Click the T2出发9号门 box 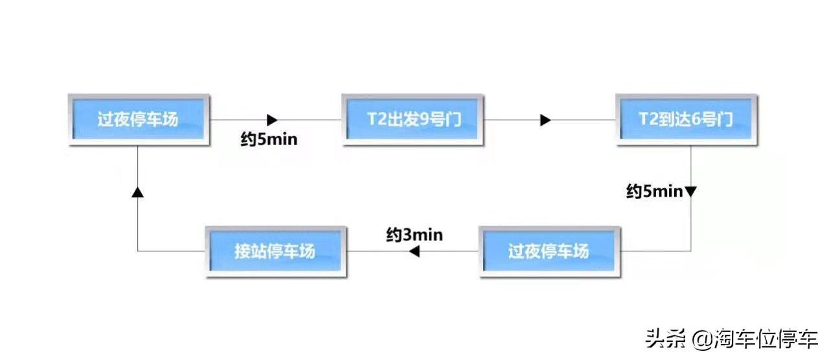point(413,120)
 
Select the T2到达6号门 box point(687,120)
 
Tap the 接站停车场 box point(276,252)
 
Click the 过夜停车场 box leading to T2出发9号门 point(139,120)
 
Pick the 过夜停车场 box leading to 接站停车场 point(550,252)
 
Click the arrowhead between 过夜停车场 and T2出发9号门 point(272,120)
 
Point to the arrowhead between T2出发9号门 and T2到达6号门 point(545,120)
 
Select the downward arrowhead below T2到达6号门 point(690,192)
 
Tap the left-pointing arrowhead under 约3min point(414,252)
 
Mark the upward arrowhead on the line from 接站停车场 point(138,192)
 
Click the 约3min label point(414,234)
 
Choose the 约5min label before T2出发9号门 point(269,139)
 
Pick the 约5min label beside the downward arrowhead point(654,191)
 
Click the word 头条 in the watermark point(665,339)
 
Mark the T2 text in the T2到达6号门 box point(648,119)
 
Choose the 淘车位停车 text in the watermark point(766,339)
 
